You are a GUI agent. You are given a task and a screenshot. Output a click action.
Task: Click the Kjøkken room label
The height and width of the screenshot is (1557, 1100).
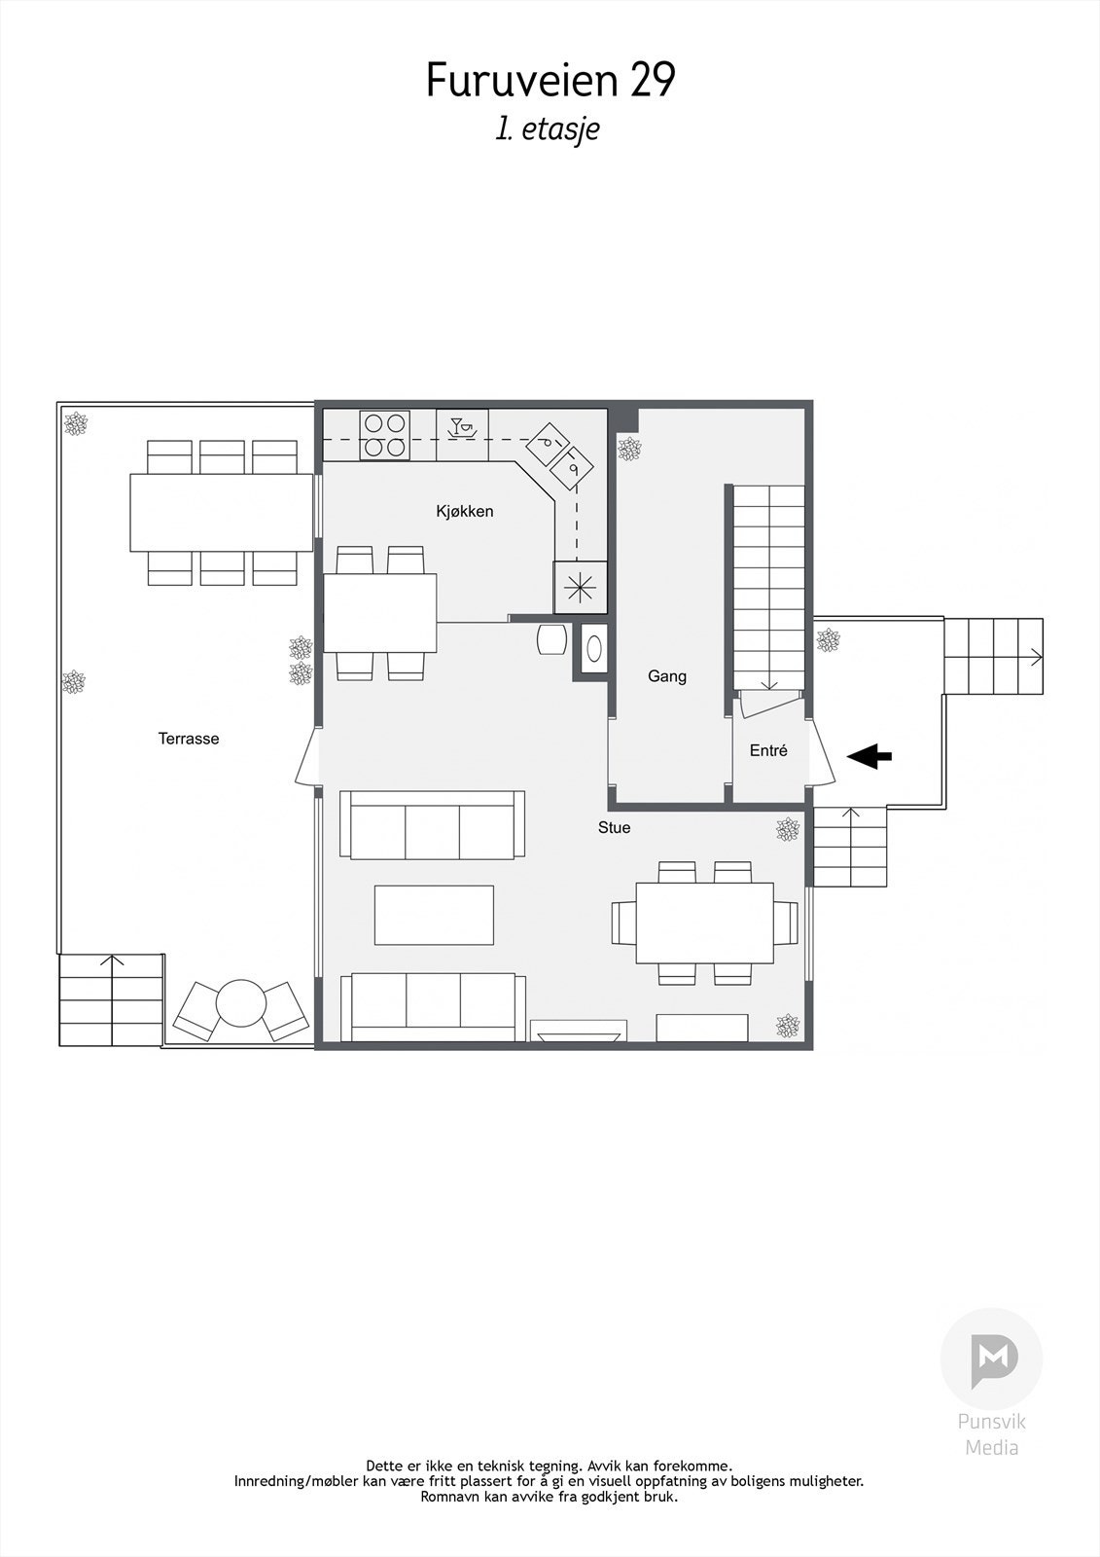[464, 511]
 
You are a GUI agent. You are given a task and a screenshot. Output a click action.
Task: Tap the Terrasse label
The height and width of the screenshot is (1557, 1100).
[189, 739]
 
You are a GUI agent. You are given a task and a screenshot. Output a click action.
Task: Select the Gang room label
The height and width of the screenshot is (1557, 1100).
[667, 676]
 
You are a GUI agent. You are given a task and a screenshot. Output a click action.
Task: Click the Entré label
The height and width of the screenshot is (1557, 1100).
[768, 751]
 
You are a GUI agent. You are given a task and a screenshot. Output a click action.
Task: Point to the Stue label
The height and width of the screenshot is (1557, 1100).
[614, 828]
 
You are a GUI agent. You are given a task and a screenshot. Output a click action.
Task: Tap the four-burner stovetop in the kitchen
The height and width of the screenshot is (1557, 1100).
[383, 435]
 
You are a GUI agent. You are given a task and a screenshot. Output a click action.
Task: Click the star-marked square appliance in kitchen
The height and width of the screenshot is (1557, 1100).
[580, 587]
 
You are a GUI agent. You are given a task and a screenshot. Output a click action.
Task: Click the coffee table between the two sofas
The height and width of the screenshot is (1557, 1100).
[434, 915]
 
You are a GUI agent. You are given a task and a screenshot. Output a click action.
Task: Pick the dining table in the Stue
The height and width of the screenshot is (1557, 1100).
[704, 923]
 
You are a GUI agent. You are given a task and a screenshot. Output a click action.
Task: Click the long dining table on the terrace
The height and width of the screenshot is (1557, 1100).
[222, 513]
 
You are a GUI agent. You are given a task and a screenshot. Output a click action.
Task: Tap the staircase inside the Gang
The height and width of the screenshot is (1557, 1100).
[768, 584]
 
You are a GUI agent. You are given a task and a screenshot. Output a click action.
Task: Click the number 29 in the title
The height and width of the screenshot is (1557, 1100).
[652, 81]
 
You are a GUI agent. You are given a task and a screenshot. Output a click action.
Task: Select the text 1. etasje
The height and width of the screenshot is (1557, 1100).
[548, 129]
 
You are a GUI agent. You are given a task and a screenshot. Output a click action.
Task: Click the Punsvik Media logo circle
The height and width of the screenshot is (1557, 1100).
[991, 1358]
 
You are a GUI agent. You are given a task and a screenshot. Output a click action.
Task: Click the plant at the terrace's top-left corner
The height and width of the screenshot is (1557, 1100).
[75, 423]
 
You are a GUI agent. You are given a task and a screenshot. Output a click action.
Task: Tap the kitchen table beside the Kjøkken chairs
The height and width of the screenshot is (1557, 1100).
[379, 613]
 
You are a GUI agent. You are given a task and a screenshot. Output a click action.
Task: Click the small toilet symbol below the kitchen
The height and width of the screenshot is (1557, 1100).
[592, 648]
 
